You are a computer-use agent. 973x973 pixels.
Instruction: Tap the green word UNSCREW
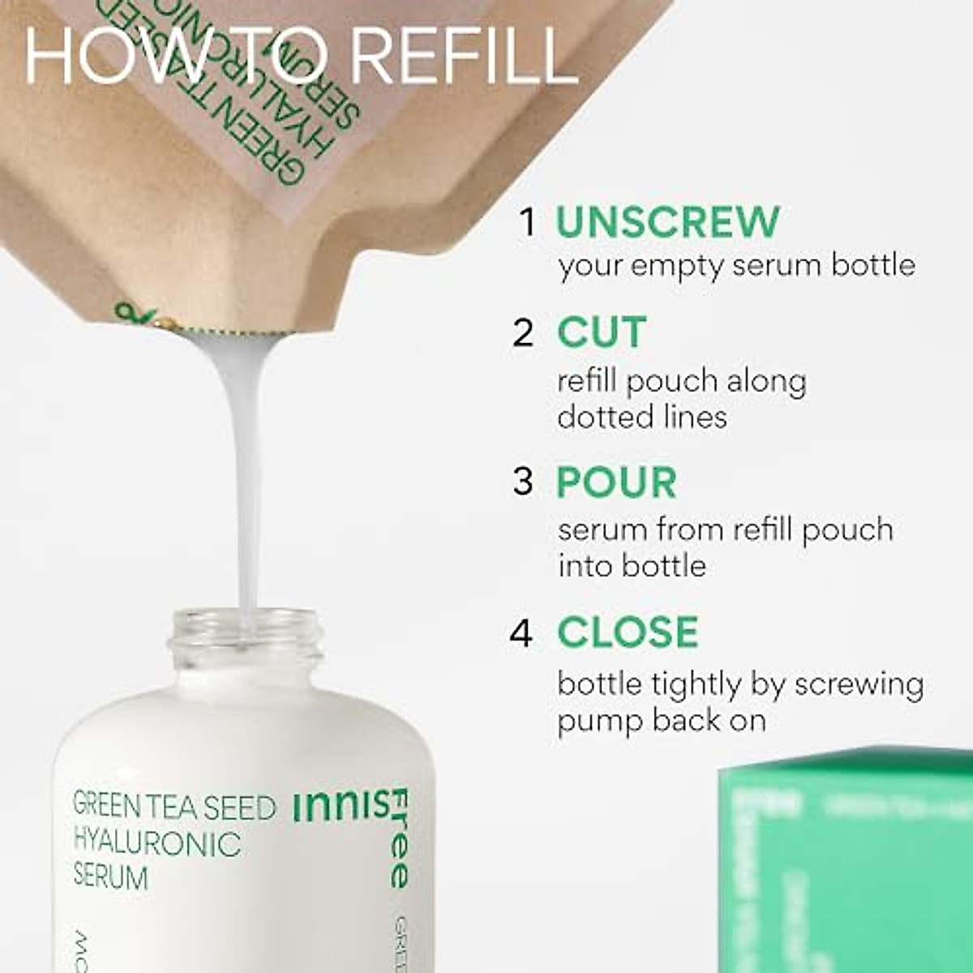coord(667,222)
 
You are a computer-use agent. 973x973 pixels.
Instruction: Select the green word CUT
coord(601,333)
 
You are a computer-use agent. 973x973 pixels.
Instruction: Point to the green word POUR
coord(616,483)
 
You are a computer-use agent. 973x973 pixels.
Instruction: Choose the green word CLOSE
coord(628,632)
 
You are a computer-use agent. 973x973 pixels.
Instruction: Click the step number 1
coord(528,222)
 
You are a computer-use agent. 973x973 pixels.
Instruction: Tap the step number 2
coord(524,333)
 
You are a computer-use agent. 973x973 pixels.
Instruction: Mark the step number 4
coord(521,632)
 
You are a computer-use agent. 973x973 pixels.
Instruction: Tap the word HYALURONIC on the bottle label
coord(157,843)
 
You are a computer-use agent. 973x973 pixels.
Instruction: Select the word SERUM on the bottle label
coord(111,877)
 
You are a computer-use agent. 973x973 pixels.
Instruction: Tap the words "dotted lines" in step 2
coord(641,417)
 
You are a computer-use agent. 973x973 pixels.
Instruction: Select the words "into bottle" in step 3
coord(632,565)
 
